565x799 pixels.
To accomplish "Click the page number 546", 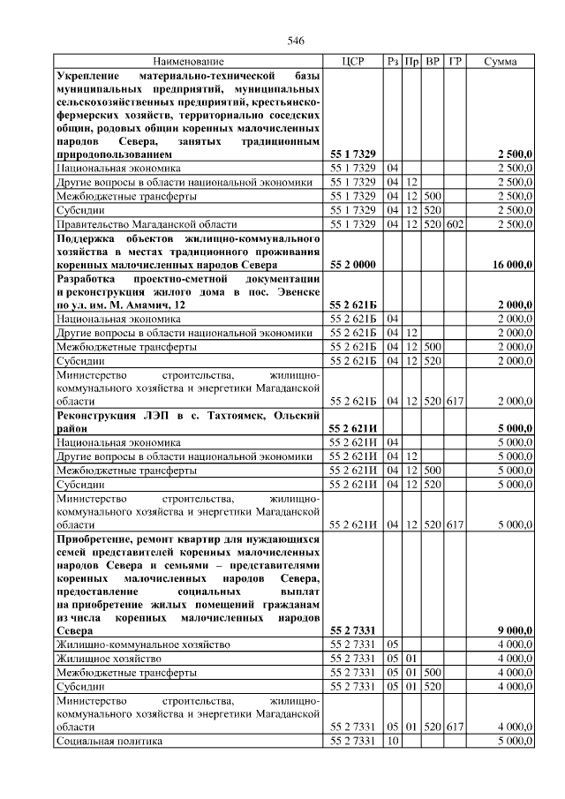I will click(x=296, y=41).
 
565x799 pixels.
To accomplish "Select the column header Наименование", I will click(x=188, y=62).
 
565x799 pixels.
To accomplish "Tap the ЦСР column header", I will click(x=352, y=62).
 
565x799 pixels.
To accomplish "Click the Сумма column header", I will click(x=501, y=62).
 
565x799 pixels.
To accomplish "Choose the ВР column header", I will click(x=433, y=62).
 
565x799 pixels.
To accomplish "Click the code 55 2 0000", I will click(x=353, y=264).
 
